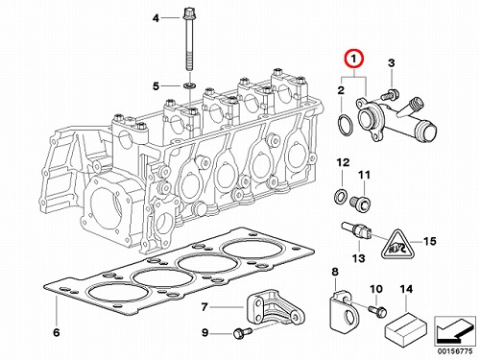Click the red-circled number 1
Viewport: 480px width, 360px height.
point(353,60)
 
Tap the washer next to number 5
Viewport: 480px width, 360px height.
point(187,85)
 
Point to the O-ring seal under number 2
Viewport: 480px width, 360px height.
point(346,124)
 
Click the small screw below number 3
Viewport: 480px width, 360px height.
point(390,94)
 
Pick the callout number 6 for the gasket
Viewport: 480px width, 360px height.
point(57,332)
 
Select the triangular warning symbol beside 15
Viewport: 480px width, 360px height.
point(397,245)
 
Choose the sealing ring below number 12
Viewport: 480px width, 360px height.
point(341,196)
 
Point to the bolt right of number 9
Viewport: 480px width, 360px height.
point(242,333)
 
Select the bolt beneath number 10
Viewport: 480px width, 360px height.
point(378,311)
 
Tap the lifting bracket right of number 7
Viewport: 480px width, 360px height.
point(275,309)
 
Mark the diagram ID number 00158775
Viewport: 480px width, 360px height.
point(453,351)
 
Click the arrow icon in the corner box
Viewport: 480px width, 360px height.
point(454,330)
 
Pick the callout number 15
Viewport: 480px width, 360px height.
point(429,241)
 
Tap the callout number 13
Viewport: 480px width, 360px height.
point(359,258)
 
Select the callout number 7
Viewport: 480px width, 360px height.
point(204,307)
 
